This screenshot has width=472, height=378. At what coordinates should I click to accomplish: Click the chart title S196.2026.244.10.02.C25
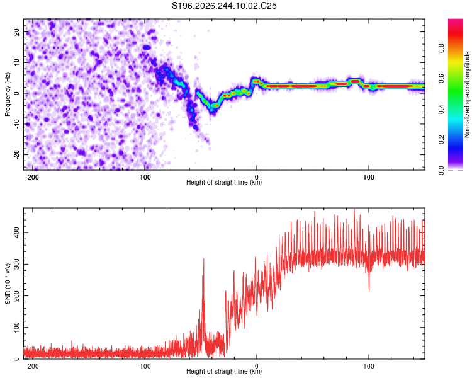point(224,6)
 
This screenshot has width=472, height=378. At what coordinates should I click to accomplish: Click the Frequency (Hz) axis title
point(8,94)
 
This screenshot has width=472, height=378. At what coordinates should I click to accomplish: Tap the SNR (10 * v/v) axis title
point(8,283)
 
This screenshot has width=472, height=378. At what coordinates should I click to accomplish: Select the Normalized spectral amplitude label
point(467,94)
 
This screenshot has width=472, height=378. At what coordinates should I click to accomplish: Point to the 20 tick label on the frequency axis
point(16,32)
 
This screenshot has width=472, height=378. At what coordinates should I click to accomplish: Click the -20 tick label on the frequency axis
point(16,155)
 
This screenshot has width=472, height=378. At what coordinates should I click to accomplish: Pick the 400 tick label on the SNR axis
point(16,232)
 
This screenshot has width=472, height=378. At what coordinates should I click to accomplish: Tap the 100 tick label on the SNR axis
point(16,328)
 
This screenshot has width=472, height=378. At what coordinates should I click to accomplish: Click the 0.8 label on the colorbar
point(441,48)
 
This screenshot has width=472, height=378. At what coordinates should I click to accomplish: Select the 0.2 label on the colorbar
point(441,140)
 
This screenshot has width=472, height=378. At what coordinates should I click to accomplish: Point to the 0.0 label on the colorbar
point(441,170)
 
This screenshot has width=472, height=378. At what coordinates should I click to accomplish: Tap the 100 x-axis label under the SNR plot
point(368,366)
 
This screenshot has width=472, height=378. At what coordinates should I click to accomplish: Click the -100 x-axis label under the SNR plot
point(144,366)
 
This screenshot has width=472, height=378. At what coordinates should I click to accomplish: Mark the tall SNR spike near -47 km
point(204,259)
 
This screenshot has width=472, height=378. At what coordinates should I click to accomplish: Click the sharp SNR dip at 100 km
point(369,290)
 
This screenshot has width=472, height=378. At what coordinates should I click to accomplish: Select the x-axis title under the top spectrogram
point(224,182)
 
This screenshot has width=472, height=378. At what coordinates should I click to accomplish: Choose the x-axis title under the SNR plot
point(224,371)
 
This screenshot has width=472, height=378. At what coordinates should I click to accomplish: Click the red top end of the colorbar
point(456,20)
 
